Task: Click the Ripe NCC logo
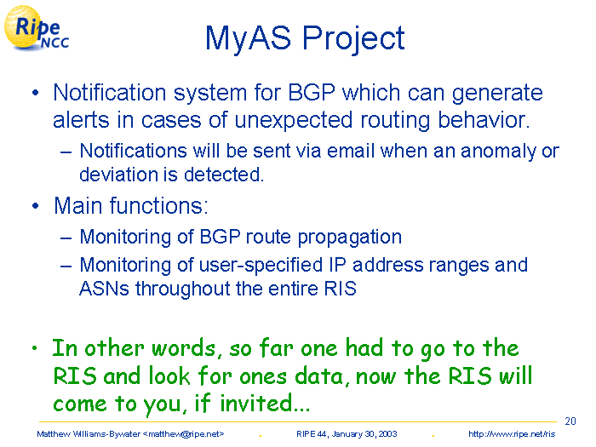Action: pyautogui.click(x=36, y=28)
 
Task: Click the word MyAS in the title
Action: pyautogui.click(x=248, y=39)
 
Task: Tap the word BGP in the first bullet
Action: pyautogui.click(x=312, y=93)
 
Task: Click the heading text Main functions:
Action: pyautogui.click(x=131, y=206)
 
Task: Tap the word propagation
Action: pyautogui.click(x=349, y=238)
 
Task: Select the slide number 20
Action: pyautogui.click(x=570, y=421)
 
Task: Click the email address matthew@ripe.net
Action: pyautogui.click(x=184, y=434)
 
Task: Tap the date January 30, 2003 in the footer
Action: pyautogui.click(x=364, y=434)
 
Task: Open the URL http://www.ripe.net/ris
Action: pyautogui.click(x=512, y=434)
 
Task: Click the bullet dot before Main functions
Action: pyautogui.click(x=36, y=206)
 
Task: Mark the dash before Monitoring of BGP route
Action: pyautogui.click(x=66, y=238)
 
